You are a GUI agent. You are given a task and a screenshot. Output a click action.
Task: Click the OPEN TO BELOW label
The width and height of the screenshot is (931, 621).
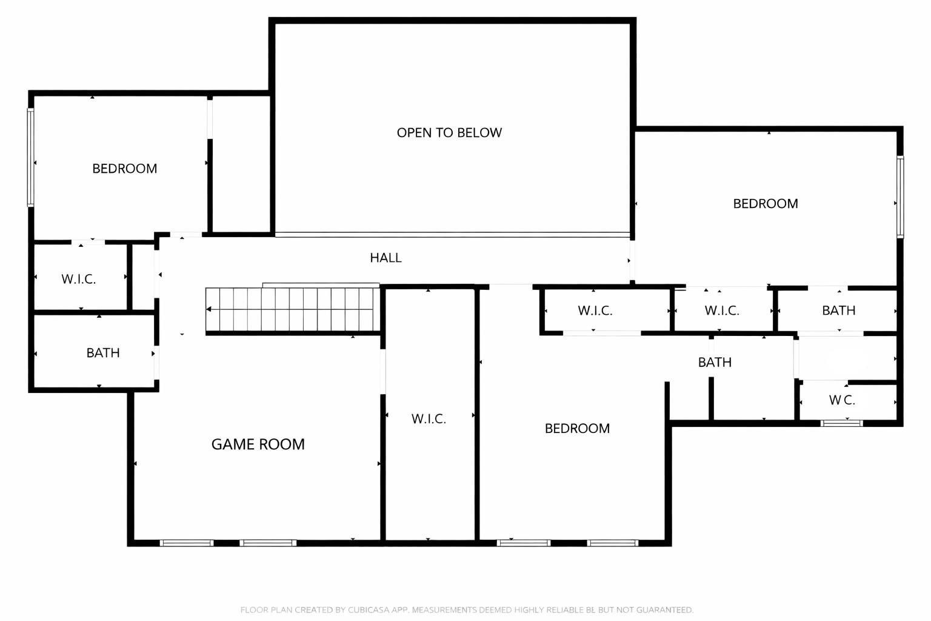449,133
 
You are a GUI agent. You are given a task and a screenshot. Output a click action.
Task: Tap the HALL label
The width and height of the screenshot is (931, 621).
385,258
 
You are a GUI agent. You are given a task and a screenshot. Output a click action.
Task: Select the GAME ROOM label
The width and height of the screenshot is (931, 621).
258,445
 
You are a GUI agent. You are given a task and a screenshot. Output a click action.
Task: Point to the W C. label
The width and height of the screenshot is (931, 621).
842,400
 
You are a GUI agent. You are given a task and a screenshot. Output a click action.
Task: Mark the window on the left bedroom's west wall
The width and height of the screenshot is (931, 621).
30,158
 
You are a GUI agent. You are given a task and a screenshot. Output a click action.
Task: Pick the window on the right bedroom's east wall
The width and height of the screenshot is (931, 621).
900,196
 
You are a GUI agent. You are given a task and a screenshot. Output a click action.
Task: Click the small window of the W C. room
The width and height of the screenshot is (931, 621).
841,423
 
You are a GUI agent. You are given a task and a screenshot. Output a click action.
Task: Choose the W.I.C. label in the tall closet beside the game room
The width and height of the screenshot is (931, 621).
429,419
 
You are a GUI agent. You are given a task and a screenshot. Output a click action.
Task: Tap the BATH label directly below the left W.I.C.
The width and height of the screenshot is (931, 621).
103,353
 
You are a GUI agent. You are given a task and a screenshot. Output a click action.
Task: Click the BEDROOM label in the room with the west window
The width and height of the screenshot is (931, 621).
124,169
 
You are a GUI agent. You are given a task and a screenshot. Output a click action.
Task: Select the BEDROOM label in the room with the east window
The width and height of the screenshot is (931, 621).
766,204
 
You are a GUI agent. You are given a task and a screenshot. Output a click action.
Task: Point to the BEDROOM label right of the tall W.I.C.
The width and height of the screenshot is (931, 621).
577,429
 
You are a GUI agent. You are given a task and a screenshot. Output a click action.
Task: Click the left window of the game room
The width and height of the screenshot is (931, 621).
187,543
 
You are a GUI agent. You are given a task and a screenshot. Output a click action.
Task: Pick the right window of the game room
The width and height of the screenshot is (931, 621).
268,543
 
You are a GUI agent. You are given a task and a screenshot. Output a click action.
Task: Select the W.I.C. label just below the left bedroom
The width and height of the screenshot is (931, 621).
79,280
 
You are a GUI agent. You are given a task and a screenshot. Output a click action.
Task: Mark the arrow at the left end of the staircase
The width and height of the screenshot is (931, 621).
209,309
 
